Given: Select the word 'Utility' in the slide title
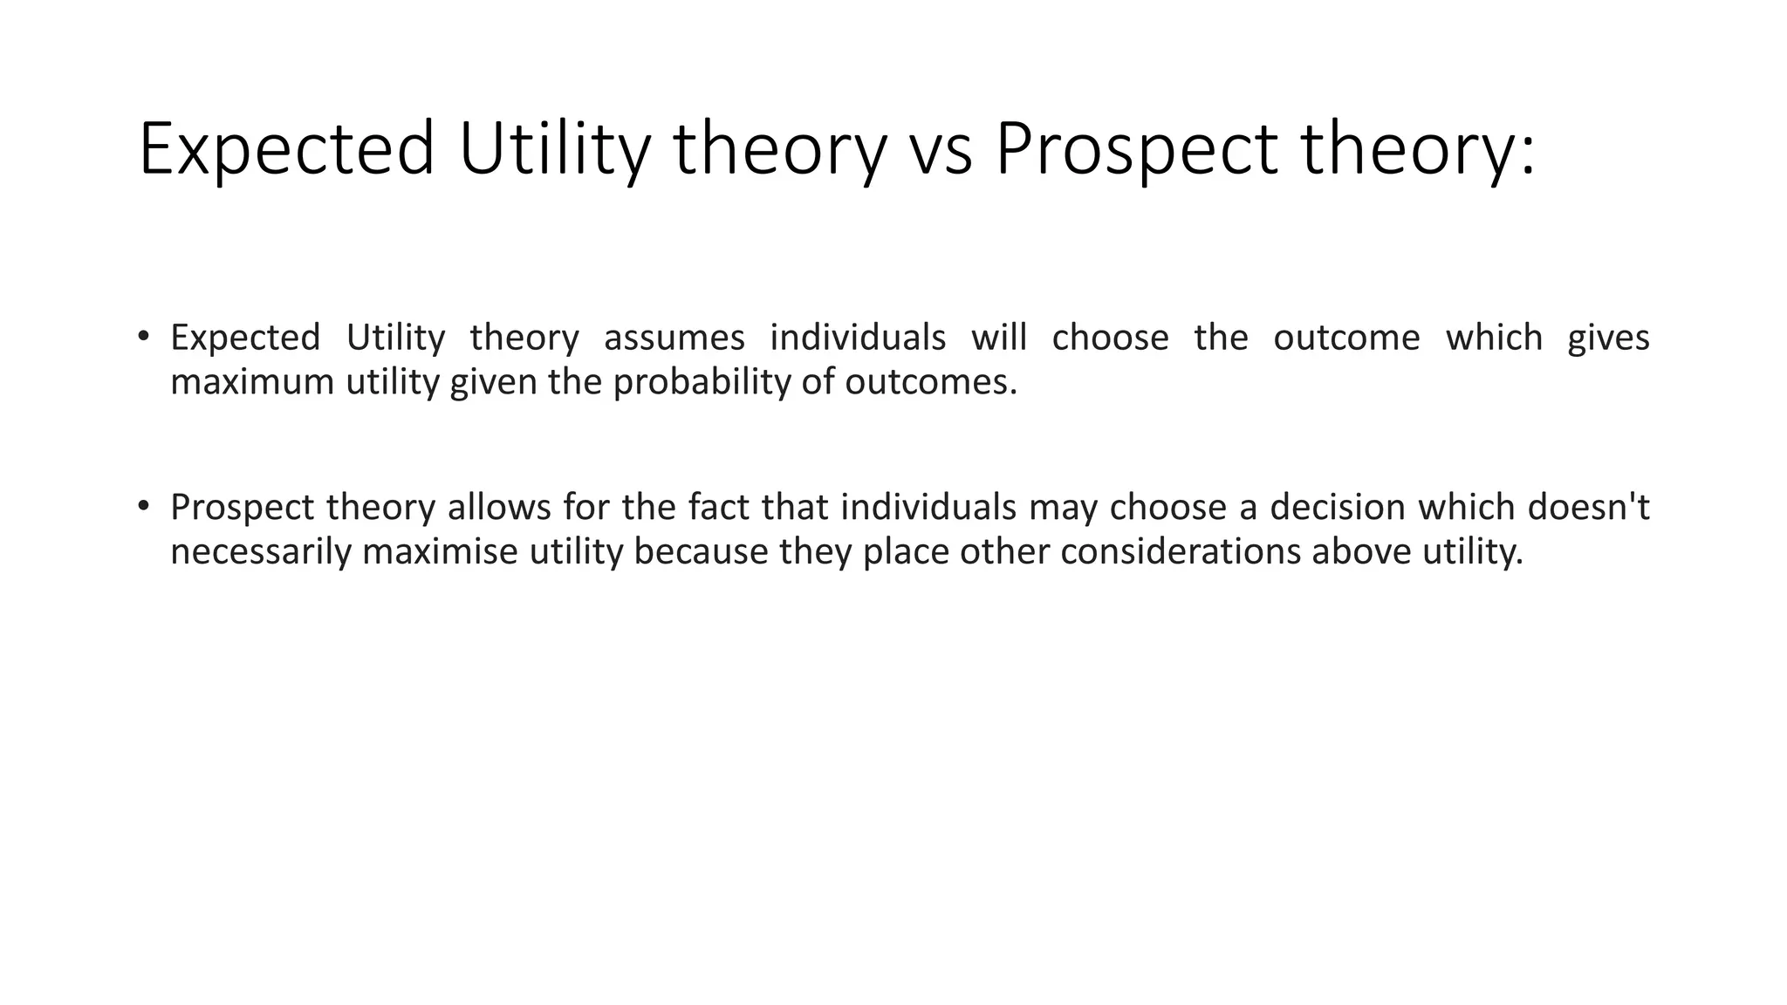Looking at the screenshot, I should (555, 150).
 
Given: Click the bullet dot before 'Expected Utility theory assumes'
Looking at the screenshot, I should (143, 336).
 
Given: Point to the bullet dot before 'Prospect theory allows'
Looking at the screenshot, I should (143, 506).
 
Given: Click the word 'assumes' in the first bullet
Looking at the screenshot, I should (674, 338).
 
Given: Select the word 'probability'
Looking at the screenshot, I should (702, 382).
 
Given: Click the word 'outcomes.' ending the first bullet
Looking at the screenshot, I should (930, 382).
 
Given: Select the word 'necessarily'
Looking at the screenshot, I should (261, 552).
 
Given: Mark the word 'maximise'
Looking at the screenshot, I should (440, 552).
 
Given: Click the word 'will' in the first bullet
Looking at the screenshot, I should (999, 338).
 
